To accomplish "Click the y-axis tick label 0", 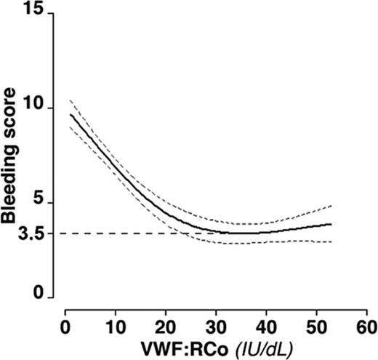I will tap(39, 297).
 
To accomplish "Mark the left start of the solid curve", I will tap(70, 114).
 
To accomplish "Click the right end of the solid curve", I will tap(331, 225).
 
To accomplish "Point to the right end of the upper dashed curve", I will tap(331, 206).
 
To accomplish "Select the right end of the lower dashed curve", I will tap(331, 242).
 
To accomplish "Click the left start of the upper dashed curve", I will tap(70, 100).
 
